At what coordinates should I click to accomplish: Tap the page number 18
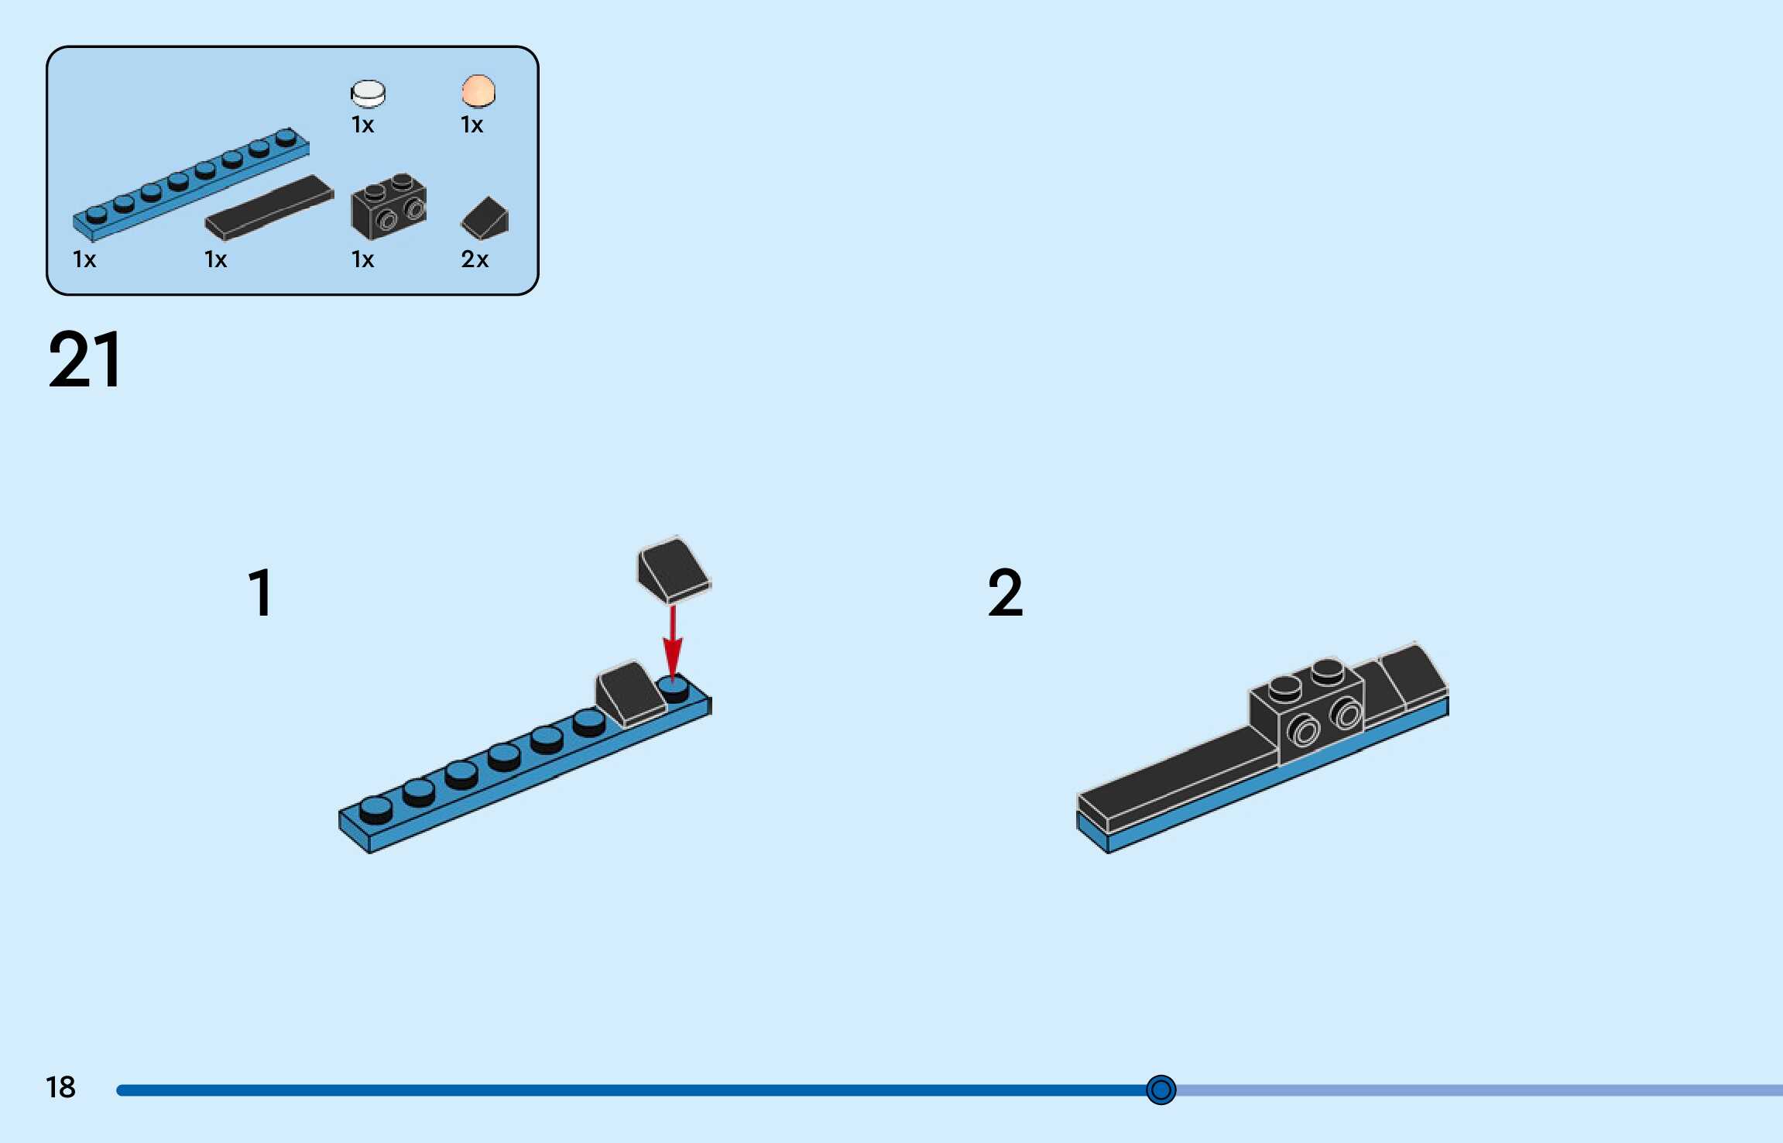click(x=60, y=1086)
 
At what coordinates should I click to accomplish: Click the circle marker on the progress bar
click(x=1161, y=1090)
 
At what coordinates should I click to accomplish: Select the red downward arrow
click(x=673, y=642)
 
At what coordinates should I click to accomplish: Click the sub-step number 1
click(x=261, y=592)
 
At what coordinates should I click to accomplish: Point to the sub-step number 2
click(x=1005, y=592)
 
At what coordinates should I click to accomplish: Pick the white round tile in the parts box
click(x=368, y=93)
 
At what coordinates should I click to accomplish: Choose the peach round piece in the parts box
click(x=478, y=91)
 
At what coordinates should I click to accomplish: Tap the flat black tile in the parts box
click(x=269, y=206)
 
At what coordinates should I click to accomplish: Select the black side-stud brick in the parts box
click(x=389, y=206)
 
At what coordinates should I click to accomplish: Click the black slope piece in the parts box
click(x=485, y=218)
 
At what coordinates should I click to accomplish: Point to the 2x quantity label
click(x=475, y=259)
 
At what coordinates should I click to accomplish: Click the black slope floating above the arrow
click(x=673, y=569)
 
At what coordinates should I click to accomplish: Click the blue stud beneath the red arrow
click(x=673, y=688)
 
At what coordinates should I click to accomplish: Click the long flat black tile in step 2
click(x=1177, y=774)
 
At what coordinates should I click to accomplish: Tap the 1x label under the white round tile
click(x=362, y=125)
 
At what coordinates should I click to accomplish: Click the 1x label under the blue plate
click(x=84, y=259)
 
